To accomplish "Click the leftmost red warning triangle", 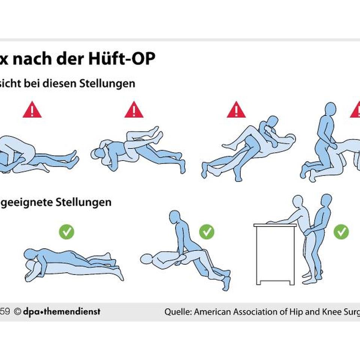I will tap(32, 110).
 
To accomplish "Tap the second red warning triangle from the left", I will tap(134, 110).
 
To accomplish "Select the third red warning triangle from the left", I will tap(236, 110).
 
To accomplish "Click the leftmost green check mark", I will tap(66, 232).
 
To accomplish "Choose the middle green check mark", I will tap(207, 232).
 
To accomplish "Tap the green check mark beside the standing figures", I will tap(341, 232).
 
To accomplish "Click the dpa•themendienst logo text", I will tap(61, 311).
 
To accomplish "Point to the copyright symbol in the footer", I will tap(17, 312).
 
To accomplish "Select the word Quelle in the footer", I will tap(178, 312).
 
